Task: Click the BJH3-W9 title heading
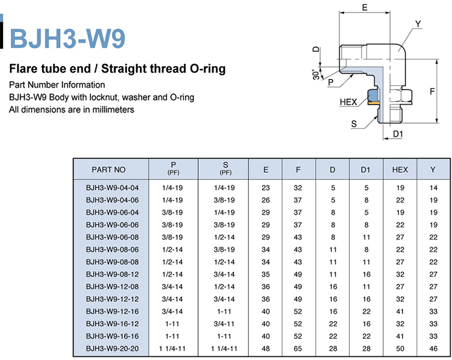(x=67, y=38)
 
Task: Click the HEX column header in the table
(x=400, y=169)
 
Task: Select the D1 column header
(x=365, y=169)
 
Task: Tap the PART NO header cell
(x=109, y=169)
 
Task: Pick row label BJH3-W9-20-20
(x=112, y=348)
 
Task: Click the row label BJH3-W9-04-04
(x=112, y=188)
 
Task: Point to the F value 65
(x=298, y=348)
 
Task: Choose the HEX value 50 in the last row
(x=400, y=348)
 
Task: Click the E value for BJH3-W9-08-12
(x=266, y=274)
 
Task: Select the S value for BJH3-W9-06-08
(x=224, y=237)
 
